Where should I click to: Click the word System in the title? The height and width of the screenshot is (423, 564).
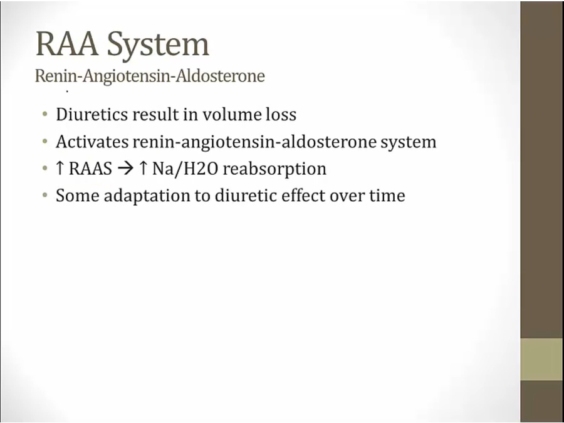[159, 44]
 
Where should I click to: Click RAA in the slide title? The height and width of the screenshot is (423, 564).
[67, 43]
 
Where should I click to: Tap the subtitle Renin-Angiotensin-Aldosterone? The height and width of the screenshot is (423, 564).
[150, 76]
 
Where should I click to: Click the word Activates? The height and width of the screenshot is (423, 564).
[92, 142]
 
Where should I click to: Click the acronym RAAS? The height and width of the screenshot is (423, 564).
[90, 169]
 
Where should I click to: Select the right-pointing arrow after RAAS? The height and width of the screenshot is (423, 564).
[125, 169]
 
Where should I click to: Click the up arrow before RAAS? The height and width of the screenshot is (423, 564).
[60, 169]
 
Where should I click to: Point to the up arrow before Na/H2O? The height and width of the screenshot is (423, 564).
[143, 169]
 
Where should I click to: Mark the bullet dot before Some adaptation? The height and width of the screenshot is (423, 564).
[44, 196]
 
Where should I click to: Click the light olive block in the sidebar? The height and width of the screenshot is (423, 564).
[542, 359]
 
